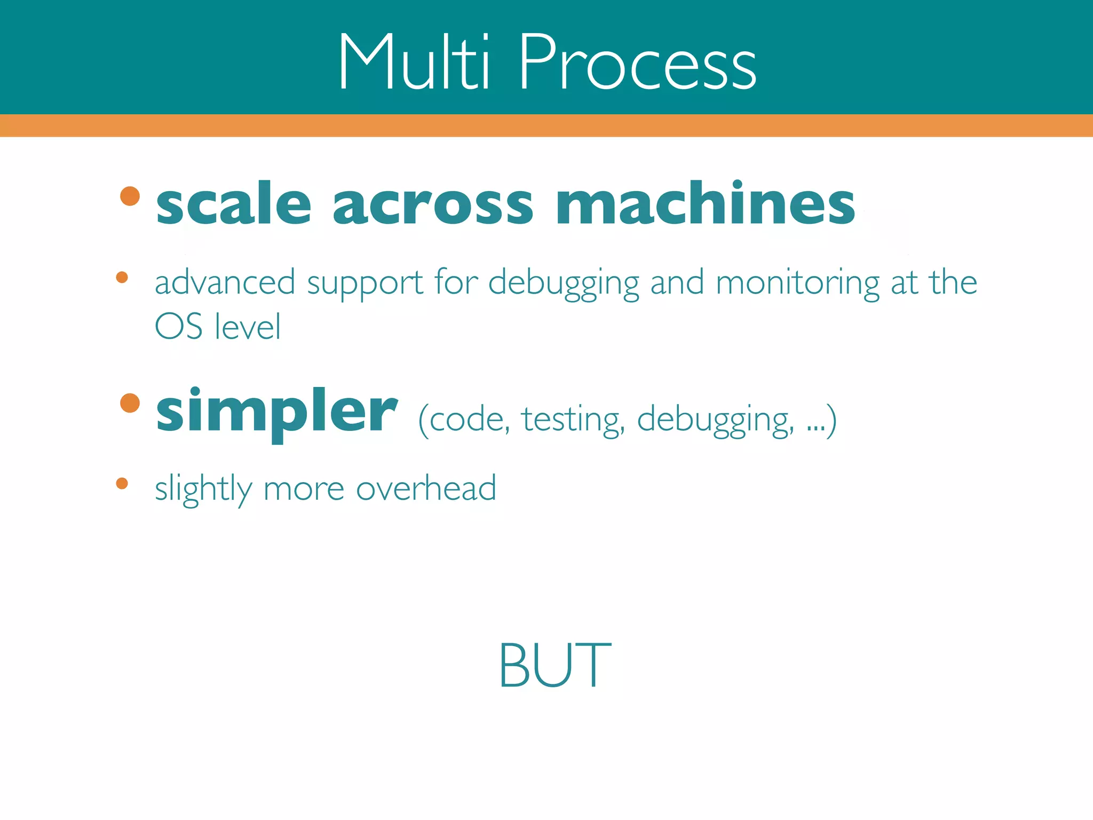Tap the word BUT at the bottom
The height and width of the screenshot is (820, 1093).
[x=555, y=665]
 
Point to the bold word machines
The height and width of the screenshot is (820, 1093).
[x=705, y=203]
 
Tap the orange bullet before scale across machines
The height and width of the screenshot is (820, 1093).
[x=130, y=196]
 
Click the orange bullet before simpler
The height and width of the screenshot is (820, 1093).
[x=130, y=403]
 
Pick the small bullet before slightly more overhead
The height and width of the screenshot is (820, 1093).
[x=122, y=484]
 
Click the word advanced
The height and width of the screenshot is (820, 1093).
[x=225, y=282]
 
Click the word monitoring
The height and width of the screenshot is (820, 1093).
[x=797, y=283]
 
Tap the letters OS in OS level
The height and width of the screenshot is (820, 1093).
[x=178, y=327]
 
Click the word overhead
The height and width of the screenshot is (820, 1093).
[x=425, y=488]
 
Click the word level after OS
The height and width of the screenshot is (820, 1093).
[x=247, y=327]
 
